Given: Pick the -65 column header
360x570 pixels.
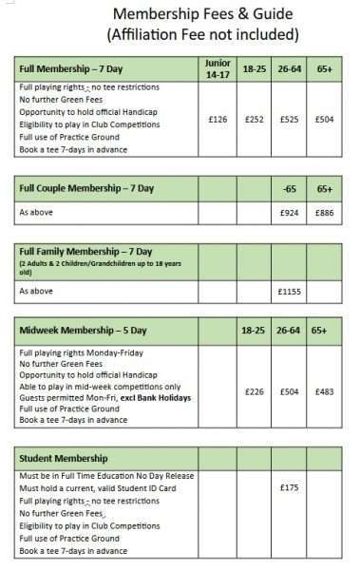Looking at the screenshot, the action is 289,189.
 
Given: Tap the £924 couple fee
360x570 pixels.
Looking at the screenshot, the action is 289,212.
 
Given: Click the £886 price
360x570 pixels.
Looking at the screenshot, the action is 324,212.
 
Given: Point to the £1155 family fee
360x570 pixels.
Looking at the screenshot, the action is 289,291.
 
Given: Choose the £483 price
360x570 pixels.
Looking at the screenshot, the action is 324,389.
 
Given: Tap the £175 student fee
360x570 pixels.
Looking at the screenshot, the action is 289,487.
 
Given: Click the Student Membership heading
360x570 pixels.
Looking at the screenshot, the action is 65,459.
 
